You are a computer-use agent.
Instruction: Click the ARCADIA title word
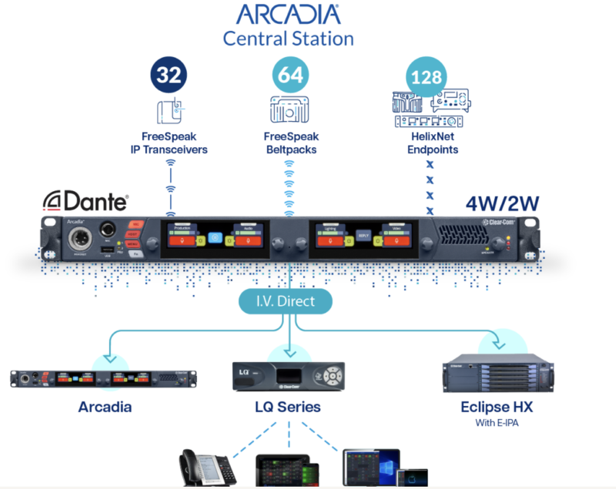(288, 14)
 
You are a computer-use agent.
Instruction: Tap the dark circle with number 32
(169, 75)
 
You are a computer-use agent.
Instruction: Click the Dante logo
(85, 202)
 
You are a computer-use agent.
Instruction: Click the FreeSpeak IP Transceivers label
(169, 143)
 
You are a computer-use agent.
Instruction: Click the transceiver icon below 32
(169, 110)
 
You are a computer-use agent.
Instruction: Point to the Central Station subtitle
(288, 38)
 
